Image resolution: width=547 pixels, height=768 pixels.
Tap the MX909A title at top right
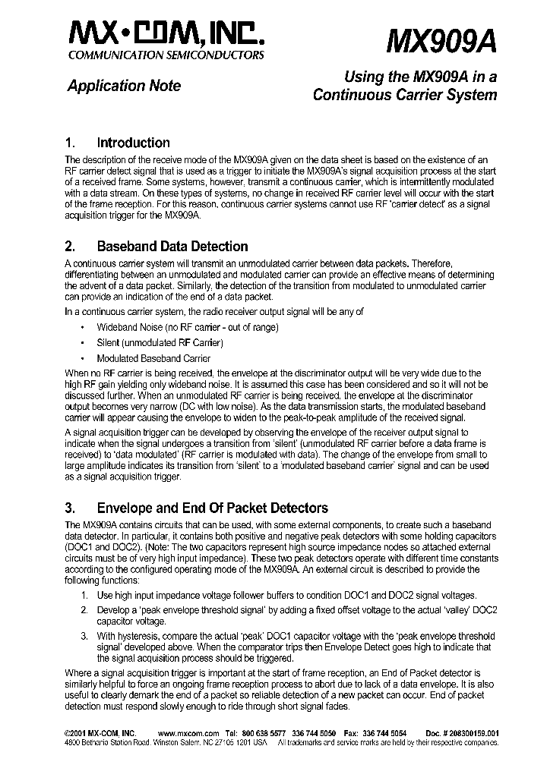click(441, 39)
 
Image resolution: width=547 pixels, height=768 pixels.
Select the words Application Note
click(124, 86)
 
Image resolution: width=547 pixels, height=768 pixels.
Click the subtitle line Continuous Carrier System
click(405, 95)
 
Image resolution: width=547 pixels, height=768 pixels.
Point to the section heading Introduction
click(133, 143)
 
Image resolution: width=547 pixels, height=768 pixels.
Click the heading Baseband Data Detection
click(172, 247)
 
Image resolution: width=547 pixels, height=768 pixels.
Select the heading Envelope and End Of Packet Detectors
click(212, 508)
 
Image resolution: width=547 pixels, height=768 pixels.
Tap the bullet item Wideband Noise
click(187, 327)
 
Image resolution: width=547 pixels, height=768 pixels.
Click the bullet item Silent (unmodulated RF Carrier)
click(160, 343)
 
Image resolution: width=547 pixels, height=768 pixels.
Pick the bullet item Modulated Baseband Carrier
click(153, 358)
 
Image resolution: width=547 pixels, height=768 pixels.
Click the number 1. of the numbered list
click(86, 596)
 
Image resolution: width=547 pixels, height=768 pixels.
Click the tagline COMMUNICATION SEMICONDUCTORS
click(166, 55)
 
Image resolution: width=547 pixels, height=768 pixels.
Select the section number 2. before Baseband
click(71, 247)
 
